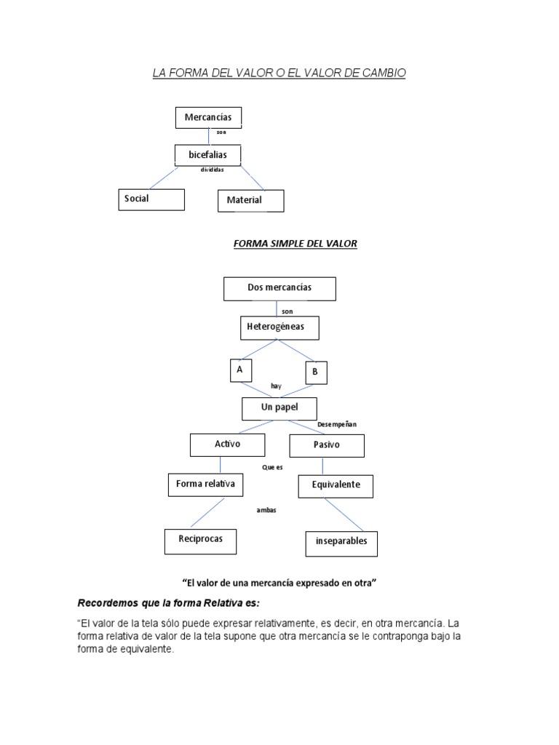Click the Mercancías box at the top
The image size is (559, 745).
(208, 117)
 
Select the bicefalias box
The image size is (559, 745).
(207, 155)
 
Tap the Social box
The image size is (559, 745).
(151, 199)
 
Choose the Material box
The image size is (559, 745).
(250, 201)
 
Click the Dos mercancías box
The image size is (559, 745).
(279, 288)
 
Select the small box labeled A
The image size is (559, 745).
(239, 370)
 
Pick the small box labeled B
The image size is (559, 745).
(316, 372)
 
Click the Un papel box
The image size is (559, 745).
(280, 409)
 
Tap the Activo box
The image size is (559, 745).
(227, 445)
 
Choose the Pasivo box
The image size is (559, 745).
(327, 445)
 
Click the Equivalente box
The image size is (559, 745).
(336, 487)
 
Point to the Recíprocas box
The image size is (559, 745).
(200, 541)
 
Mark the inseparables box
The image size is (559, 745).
(341, 543)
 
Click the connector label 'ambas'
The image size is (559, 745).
(266, 510)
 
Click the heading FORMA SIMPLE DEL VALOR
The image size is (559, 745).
(295, 244)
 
